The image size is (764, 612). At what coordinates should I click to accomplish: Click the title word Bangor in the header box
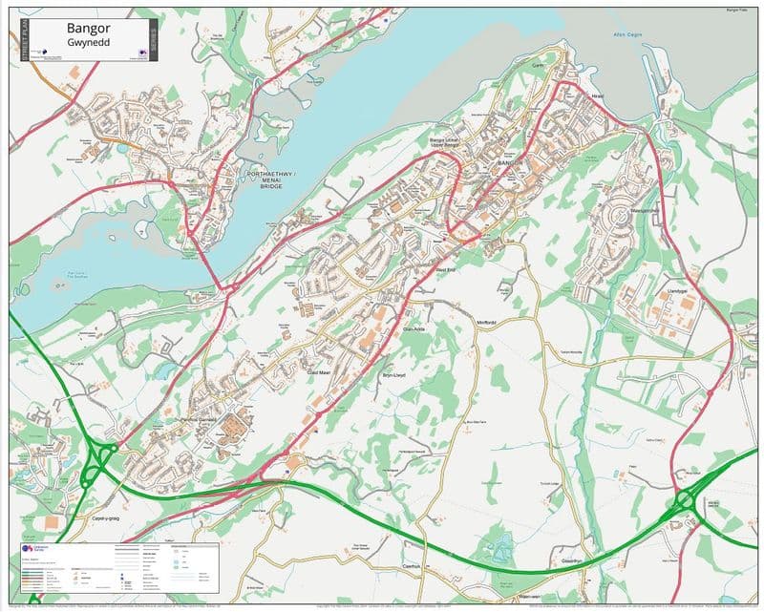(x=88, y=29)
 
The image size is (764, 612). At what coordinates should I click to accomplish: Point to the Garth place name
(x=538, y=65)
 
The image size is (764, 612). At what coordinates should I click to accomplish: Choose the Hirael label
(x=598, y=96)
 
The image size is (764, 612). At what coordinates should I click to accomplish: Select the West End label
(x=447, y=271)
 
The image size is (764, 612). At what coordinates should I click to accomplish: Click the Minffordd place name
(x=486, y=323)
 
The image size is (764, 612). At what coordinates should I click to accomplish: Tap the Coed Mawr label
(x=320, y=373)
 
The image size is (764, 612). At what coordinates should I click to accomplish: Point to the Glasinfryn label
(x=572, y=560)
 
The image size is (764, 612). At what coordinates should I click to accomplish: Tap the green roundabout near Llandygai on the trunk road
(x=684, y=499)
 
